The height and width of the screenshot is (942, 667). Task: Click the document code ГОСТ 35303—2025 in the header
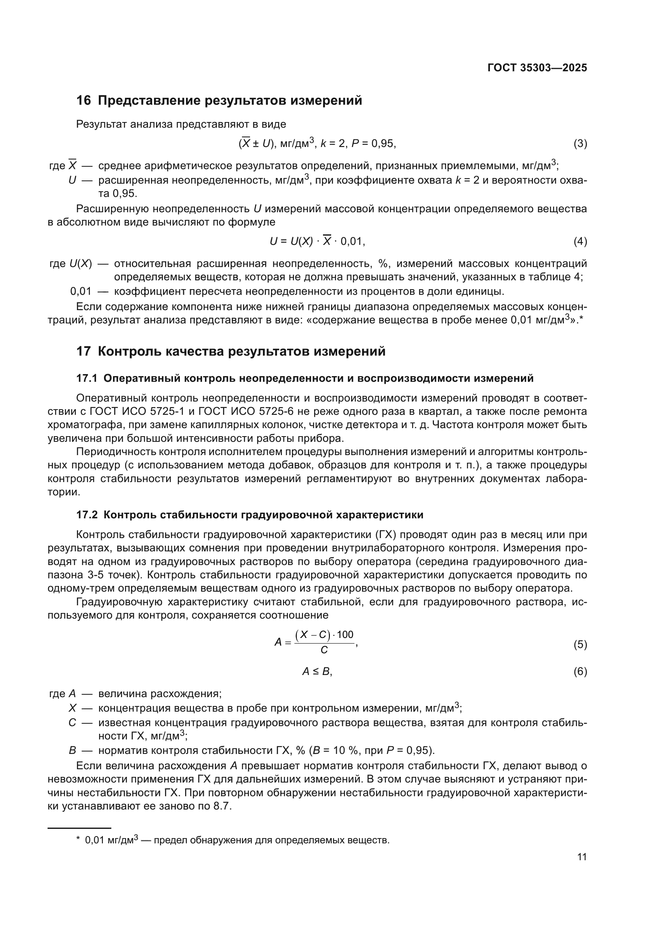(x=537, y=68)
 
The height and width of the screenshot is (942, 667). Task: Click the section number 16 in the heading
(x=83, y=101)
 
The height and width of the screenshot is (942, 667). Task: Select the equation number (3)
(x=580, y=144)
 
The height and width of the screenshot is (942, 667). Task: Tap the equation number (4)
(x=580, y=242)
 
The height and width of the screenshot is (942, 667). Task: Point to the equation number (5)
(x=580, y=644)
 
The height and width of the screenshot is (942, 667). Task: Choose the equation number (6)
(x=580, y=672)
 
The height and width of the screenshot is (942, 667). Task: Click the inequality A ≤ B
(x=317, y=672)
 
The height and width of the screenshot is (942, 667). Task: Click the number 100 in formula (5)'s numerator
(x=345, y=635)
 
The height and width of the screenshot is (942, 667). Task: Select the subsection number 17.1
(x=87, y=378)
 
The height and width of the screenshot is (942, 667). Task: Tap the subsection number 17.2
(x=87, y=515)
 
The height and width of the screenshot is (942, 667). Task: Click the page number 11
(x=582, y=857)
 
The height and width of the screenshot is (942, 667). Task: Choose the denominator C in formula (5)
(x=324, y=650)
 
